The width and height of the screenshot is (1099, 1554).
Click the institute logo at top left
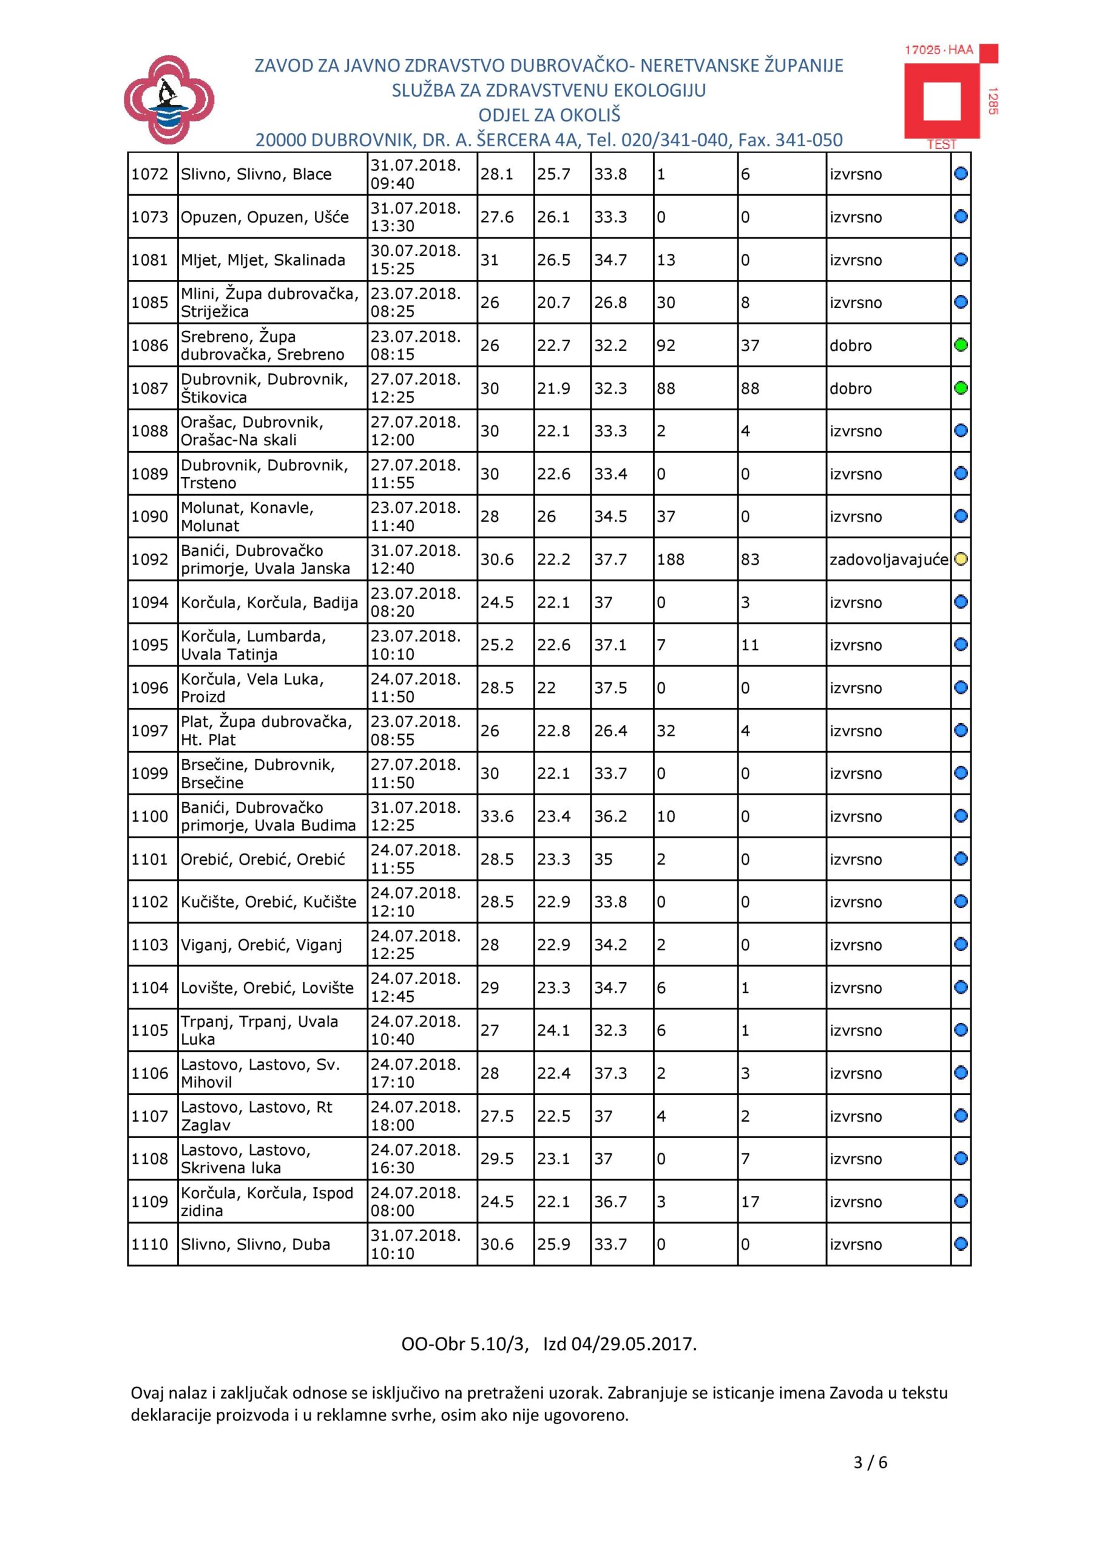point(169,100)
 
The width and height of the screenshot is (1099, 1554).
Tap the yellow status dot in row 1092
point(961,559)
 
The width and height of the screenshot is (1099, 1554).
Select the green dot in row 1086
point(961,345)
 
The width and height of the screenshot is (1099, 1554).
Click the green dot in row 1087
point(961,388)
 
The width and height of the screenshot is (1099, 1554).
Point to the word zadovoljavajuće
point(888,560)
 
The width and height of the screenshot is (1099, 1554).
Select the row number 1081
point(149,260)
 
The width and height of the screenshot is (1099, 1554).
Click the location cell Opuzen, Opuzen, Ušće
point(265,217)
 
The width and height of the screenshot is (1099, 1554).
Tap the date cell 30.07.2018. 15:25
point(416,260)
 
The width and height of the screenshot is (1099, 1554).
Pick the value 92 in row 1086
point(666,346)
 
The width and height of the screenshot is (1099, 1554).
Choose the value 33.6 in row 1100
point(497,816)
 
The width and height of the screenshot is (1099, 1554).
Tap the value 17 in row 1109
point(750,1201)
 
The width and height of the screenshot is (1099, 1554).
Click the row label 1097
point(149,731)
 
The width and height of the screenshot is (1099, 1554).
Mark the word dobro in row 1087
point(851,388)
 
